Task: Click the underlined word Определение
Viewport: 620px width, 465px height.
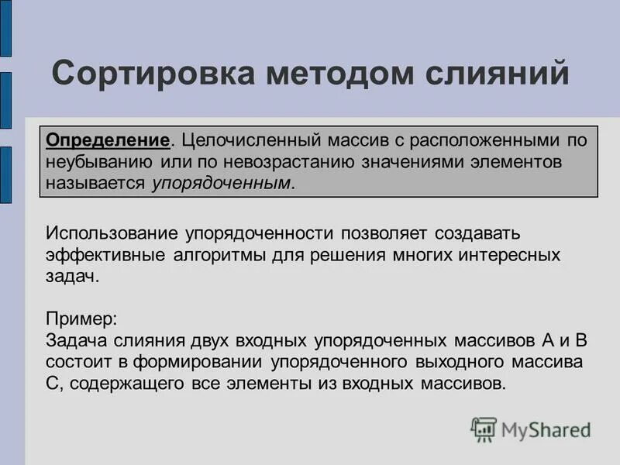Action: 108,141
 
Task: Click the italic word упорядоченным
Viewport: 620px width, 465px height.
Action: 222,184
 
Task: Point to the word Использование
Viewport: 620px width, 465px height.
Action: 114,232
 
